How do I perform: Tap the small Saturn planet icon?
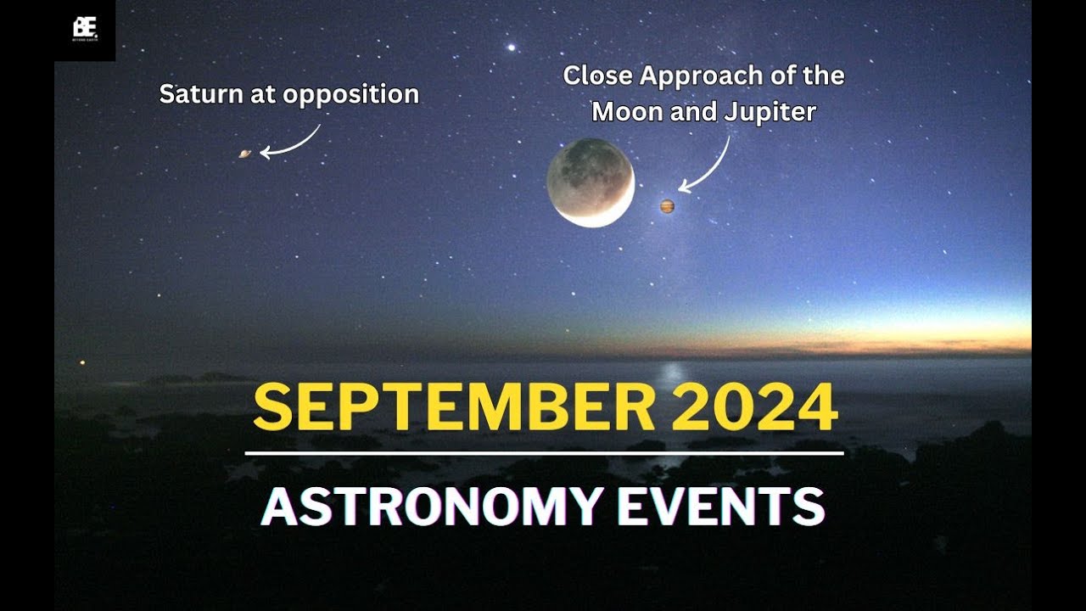click(245, 154)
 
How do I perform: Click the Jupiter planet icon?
click(667, 206)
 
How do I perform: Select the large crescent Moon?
click(591, 182)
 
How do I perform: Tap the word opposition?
click(351, 95)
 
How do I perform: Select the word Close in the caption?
click(598, 76)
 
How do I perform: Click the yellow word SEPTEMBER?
click(454, 407)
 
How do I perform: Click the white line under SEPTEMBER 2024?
click(544, 454)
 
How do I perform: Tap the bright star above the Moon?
click(512, 46)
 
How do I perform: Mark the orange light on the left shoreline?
click(82, 363)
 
